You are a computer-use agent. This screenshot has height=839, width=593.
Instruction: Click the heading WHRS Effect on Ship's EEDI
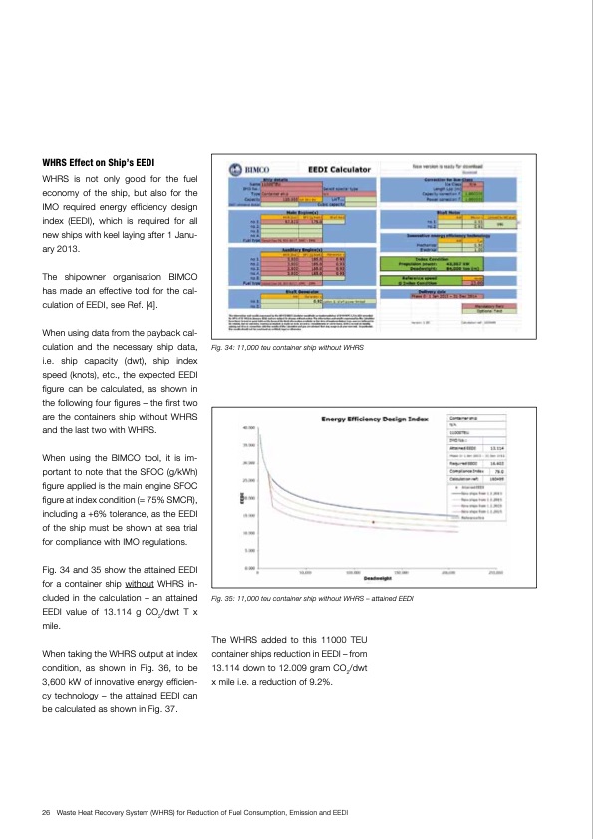pos(98,162)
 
